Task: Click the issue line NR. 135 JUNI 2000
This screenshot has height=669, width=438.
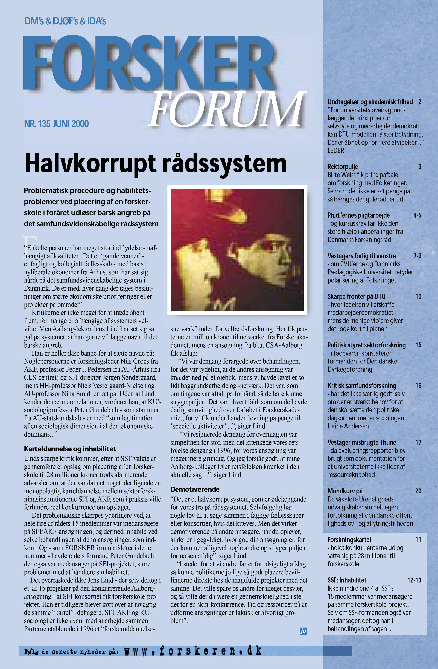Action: pyautogui.click(x=56, y=124)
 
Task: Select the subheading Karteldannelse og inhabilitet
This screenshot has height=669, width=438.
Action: pyautogui.click(x=70, y=449)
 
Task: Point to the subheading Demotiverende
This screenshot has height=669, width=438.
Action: pyautogui.click(x=195, y=489)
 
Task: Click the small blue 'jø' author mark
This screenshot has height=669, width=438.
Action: pyautogui.click(x=303, y=631)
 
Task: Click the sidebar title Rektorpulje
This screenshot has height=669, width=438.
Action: pyautogui.click(x=343, y=167)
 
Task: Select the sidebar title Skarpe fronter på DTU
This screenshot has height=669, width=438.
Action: pyautogui.click(x=356, y=296)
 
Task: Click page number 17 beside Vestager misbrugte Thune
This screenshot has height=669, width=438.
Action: pyautogui.click(x=418, y=442)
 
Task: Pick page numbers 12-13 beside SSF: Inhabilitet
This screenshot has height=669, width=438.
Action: pyautogui.click(x=414, y=580)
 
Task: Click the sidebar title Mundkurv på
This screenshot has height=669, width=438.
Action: pyautogui.click(x=345, y=491)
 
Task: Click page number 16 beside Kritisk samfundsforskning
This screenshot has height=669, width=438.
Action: pyautogui.click(x=418, y=386)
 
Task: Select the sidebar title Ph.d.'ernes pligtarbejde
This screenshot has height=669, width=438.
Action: pyautogui.click(x=358, y=215)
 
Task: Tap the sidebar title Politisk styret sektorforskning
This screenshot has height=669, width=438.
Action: pyautogui.click(x=366, y=345)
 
